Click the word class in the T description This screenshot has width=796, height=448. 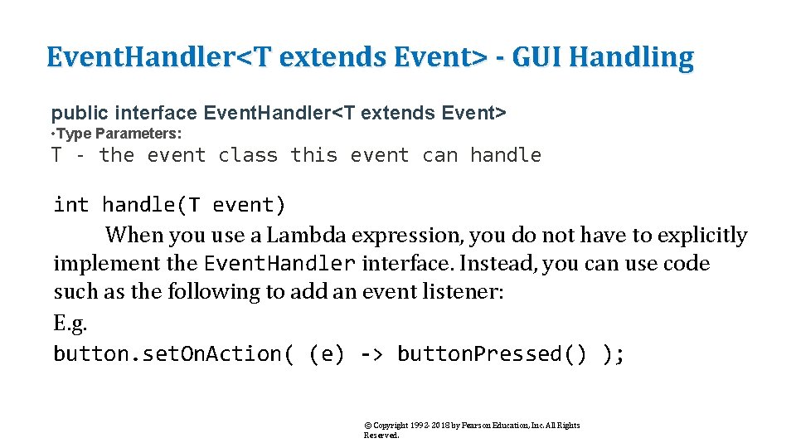(248, 155)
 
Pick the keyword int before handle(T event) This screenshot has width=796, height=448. (71, 205)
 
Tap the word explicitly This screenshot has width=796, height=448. (702, 236)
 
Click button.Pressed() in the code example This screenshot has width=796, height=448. (491, 354)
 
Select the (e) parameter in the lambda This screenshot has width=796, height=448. (326, 354)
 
